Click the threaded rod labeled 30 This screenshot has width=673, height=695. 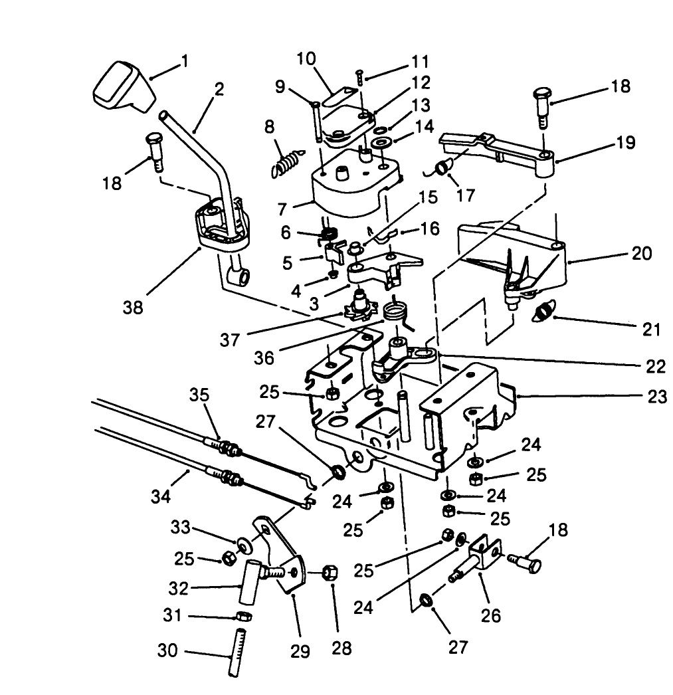click(x=235, y=658)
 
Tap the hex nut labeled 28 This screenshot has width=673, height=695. click(x=330, y=571)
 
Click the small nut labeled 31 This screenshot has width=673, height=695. click(x=243, y=617)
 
